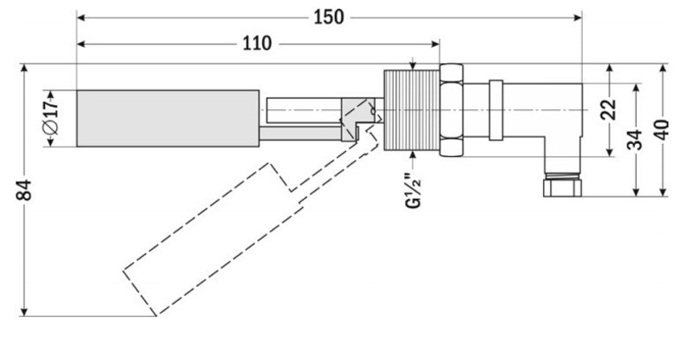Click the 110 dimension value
[x=256, y=43]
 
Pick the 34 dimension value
[x=636, y=139]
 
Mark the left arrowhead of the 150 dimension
[x=81, y=16]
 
